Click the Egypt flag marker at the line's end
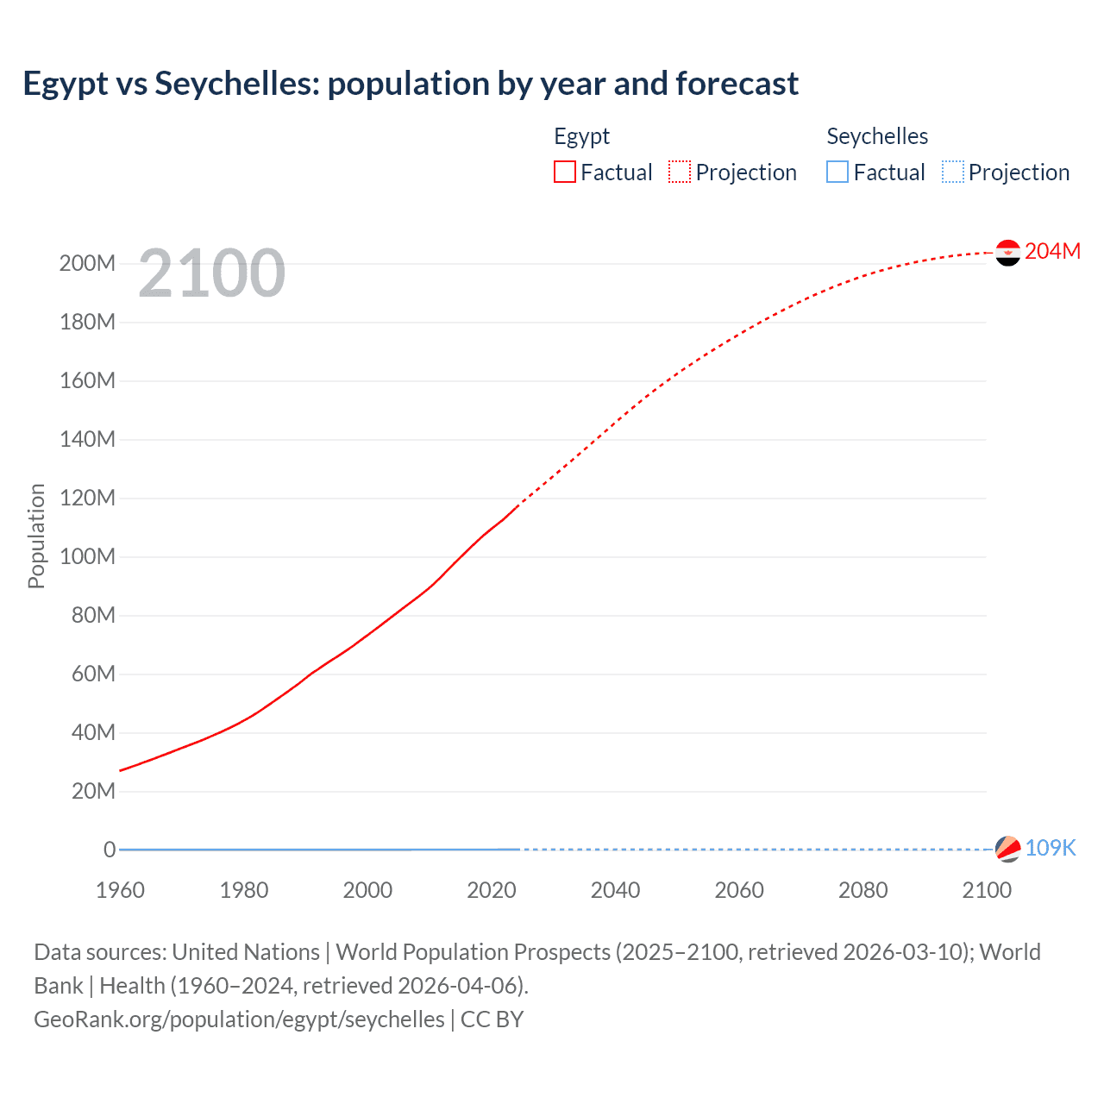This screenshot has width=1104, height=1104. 1007,253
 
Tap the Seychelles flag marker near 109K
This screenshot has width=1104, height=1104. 1007,849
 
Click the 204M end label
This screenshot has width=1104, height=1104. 1052,251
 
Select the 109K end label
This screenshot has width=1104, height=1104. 1051,848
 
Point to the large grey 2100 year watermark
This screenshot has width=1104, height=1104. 211,273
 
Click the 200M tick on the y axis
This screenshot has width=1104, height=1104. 87,264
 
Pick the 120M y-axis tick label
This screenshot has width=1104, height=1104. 87,499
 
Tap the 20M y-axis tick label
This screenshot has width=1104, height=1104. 92,792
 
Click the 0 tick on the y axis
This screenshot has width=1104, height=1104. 110,850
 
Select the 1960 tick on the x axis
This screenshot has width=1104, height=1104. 120,890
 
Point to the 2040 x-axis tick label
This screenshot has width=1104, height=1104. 615,890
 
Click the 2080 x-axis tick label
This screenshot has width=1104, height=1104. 862,890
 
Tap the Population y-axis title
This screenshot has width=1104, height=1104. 36,536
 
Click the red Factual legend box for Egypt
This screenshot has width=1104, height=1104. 565,172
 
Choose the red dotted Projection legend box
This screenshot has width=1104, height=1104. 680,172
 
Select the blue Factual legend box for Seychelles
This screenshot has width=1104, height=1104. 837,172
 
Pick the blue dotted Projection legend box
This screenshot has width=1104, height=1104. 952,172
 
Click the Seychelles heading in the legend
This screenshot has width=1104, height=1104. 877,136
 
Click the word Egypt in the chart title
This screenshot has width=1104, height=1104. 66,85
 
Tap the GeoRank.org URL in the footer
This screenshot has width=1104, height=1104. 239,1019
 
